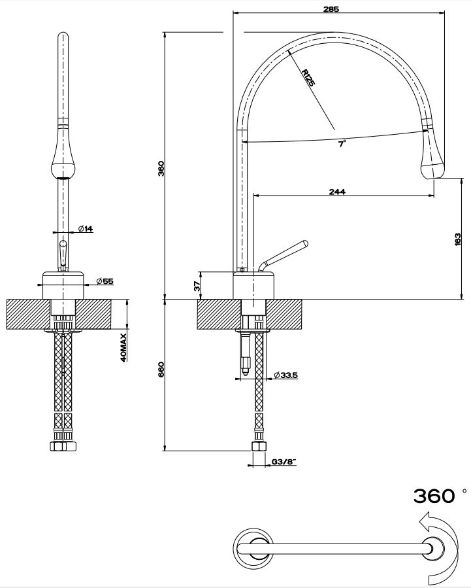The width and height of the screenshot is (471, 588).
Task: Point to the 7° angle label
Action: pos(341,144)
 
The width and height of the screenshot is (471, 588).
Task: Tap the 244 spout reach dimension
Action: pos(337,191)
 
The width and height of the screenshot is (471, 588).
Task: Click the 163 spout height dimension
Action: pos(457,239)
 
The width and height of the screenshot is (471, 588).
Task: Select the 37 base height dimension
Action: pos(196,285)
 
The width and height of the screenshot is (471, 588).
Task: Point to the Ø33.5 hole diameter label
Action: pos(286,375)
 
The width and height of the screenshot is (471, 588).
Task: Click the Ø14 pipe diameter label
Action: pos(86,228)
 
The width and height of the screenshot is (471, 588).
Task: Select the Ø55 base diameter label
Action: pos(105,281)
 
